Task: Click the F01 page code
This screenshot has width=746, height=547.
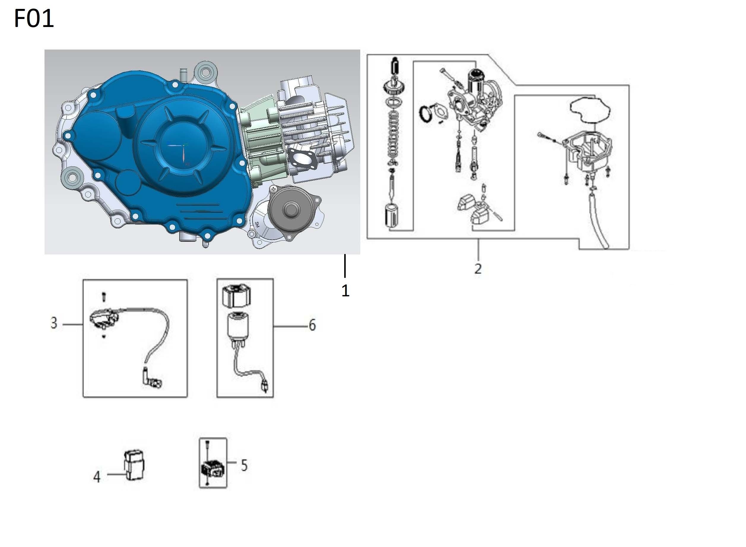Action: click(34, 19)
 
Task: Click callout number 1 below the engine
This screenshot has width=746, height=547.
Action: click(345, 290)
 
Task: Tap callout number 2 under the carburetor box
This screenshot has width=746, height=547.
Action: click(477, 268)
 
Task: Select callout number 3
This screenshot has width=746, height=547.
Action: click(54, 322)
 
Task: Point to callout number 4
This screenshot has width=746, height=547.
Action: click(97, 477)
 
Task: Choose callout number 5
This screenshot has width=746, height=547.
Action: click(244, 465)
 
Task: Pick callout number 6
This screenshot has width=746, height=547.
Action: click(312, 325)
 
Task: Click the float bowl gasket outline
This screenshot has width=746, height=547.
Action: click(590, 109)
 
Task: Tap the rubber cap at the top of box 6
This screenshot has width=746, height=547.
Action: click(236, 295)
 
